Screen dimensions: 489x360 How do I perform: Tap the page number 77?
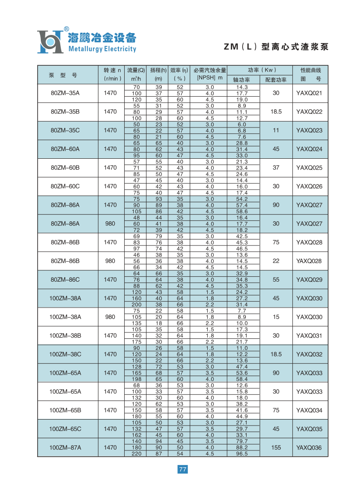coord(182,469)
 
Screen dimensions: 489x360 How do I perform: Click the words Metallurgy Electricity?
coord(102,49)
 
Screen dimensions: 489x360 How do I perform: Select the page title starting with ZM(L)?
coord(276,47)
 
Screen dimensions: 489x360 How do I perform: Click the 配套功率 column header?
coord(276,79)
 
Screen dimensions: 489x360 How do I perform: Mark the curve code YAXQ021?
coord(309,93)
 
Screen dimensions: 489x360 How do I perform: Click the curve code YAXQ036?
coord(309,448)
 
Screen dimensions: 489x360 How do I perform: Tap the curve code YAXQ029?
coord(309,280)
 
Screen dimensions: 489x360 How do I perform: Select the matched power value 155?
coord(276,448)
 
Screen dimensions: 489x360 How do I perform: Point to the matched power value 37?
coord(276,168)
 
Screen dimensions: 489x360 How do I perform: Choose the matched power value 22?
coord(276,261)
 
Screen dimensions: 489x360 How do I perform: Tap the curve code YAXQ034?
coord(309,411)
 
